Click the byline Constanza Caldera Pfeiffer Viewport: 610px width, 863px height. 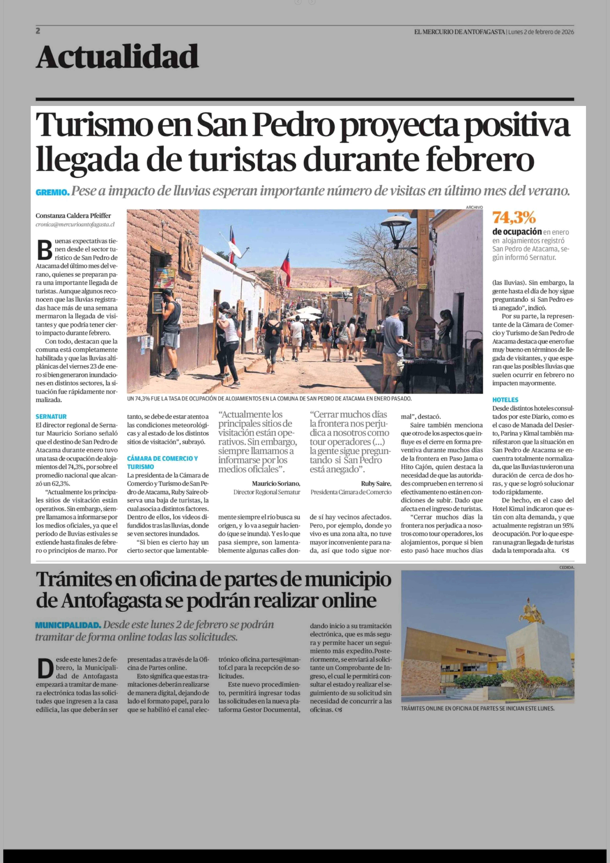click(x=73, y=216)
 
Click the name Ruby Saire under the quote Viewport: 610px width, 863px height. click(x=376, y=483)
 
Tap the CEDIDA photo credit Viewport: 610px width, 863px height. click(x=566, y=568)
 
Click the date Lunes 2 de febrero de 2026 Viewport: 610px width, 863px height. click(x=541, y=32)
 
